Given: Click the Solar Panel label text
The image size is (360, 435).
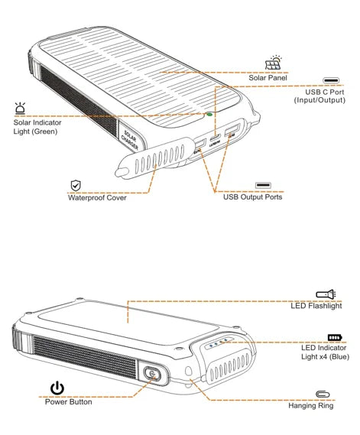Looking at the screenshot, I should [x=268, y=78].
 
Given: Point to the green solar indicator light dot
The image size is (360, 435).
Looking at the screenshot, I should [x=209, y=115].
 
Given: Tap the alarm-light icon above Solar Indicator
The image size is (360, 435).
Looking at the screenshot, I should [x=20, y=108].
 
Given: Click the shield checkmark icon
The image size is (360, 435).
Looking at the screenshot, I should [x=76, y=185].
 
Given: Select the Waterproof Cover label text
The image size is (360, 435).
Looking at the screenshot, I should [x=96, y=197].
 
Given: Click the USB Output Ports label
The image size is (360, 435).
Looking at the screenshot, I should [x=252, y=197].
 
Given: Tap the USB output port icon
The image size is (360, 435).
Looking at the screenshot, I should [x=263, y=185].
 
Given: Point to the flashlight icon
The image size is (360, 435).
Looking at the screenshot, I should [x=326, y=294].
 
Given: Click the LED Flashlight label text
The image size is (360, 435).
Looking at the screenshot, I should [x=316, y=306].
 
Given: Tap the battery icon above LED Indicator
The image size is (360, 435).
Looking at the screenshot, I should [x=334, y=336].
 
